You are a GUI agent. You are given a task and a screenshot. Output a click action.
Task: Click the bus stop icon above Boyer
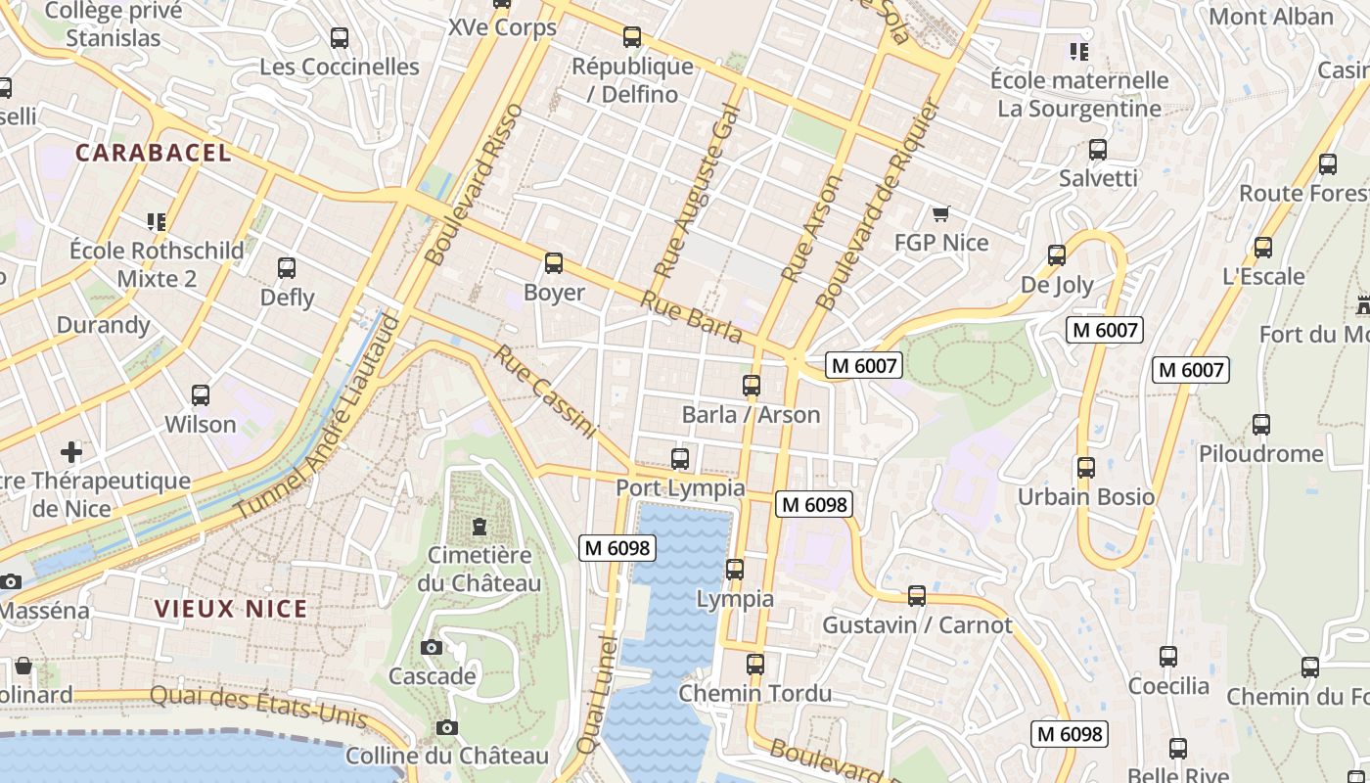pyautogui.click(x=554, y=263)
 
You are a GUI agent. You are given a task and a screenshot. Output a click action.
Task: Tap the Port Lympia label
pyautogui.click(x=680, y=487)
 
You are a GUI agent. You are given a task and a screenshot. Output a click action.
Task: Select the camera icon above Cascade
pyautogui.click(x=432, y=648)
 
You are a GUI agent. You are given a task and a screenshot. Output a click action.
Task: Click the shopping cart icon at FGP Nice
pyautogui.click(x=941, y=213)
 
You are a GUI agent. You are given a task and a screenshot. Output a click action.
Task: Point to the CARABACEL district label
pyautogui.click(x=154, y=153)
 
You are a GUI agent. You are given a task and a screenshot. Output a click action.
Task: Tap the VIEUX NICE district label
pyautogui.click(x=231, y=609)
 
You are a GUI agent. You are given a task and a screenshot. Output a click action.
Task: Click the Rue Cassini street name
pyautogui.click(x=545, y=391)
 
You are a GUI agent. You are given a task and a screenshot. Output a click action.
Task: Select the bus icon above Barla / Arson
pyautogui.click(x=752, y=386)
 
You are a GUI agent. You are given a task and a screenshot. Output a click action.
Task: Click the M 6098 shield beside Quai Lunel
pyautogui.click(x=616, y=548)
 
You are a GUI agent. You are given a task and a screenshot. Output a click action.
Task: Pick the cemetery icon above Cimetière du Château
pyautogui.click(x=479, y=528)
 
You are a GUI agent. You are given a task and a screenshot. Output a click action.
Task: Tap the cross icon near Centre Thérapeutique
pyautogui.click(x=71, y=452)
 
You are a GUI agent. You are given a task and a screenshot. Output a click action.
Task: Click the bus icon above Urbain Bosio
pyautogui.click(x=1085, y=468)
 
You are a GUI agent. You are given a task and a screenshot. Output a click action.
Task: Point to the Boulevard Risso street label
pyautogui.click(x=477, y=184)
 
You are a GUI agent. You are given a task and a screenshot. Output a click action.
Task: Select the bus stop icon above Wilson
pyautogui.click(x=201, y=395)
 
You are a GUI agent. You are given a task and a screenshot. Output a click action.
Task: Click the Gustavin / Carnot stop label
pyautogui.click(x=917, y=624)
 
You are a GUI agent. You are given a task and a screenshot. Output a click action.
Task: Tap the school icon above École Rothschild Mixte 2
pyautogui.click(x=157, y=222)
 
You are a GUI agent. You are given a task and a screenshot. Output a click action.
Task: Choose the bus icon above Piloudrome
pyautogui.click(x=1261, y=425)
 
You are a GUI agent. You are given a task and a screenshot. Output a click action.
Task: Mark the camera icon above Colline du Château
pyautogui.click(x=447, y=727)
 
